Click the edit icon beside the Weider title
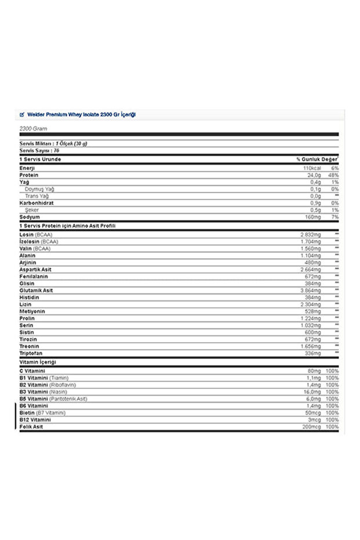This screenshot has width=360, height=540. click(22, 115)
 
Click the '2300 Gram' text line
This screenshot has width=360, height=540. click(33, 129)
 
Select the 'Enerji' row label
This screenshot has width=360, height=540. click(27, 168)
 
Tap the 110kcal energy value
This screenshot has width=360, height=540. click(311, 168)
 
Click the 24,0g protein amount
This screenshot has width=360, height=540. click(314, 175)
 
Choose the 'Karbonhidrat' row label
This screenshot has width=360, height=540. click(37, 203)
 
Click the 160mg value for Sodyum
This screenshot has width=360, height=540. click(313, 217)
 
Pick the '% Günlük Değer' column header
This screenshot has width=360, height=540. click(317, 159)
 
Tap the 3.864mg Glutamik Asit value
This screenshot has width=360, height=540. click(310, 290)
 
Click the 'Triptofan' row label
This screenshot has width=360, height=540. click(31, 353)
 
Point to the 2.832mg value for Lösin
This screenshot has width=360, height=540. click(310, 234)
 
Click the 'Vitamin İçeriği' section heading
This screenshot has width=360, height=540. click(38, 362)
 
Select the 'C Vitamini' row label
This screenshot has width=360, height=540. click(32, 371)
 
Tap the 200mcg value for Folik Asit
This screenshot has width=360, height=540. click(310, 427)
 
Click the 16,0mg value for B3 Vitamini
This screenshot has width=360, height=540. click(312, 392)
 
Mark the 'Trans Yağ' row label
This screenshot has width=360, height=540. click(37, 196)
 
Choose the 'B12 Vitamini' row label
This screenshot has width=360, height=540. click(35, 419)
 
